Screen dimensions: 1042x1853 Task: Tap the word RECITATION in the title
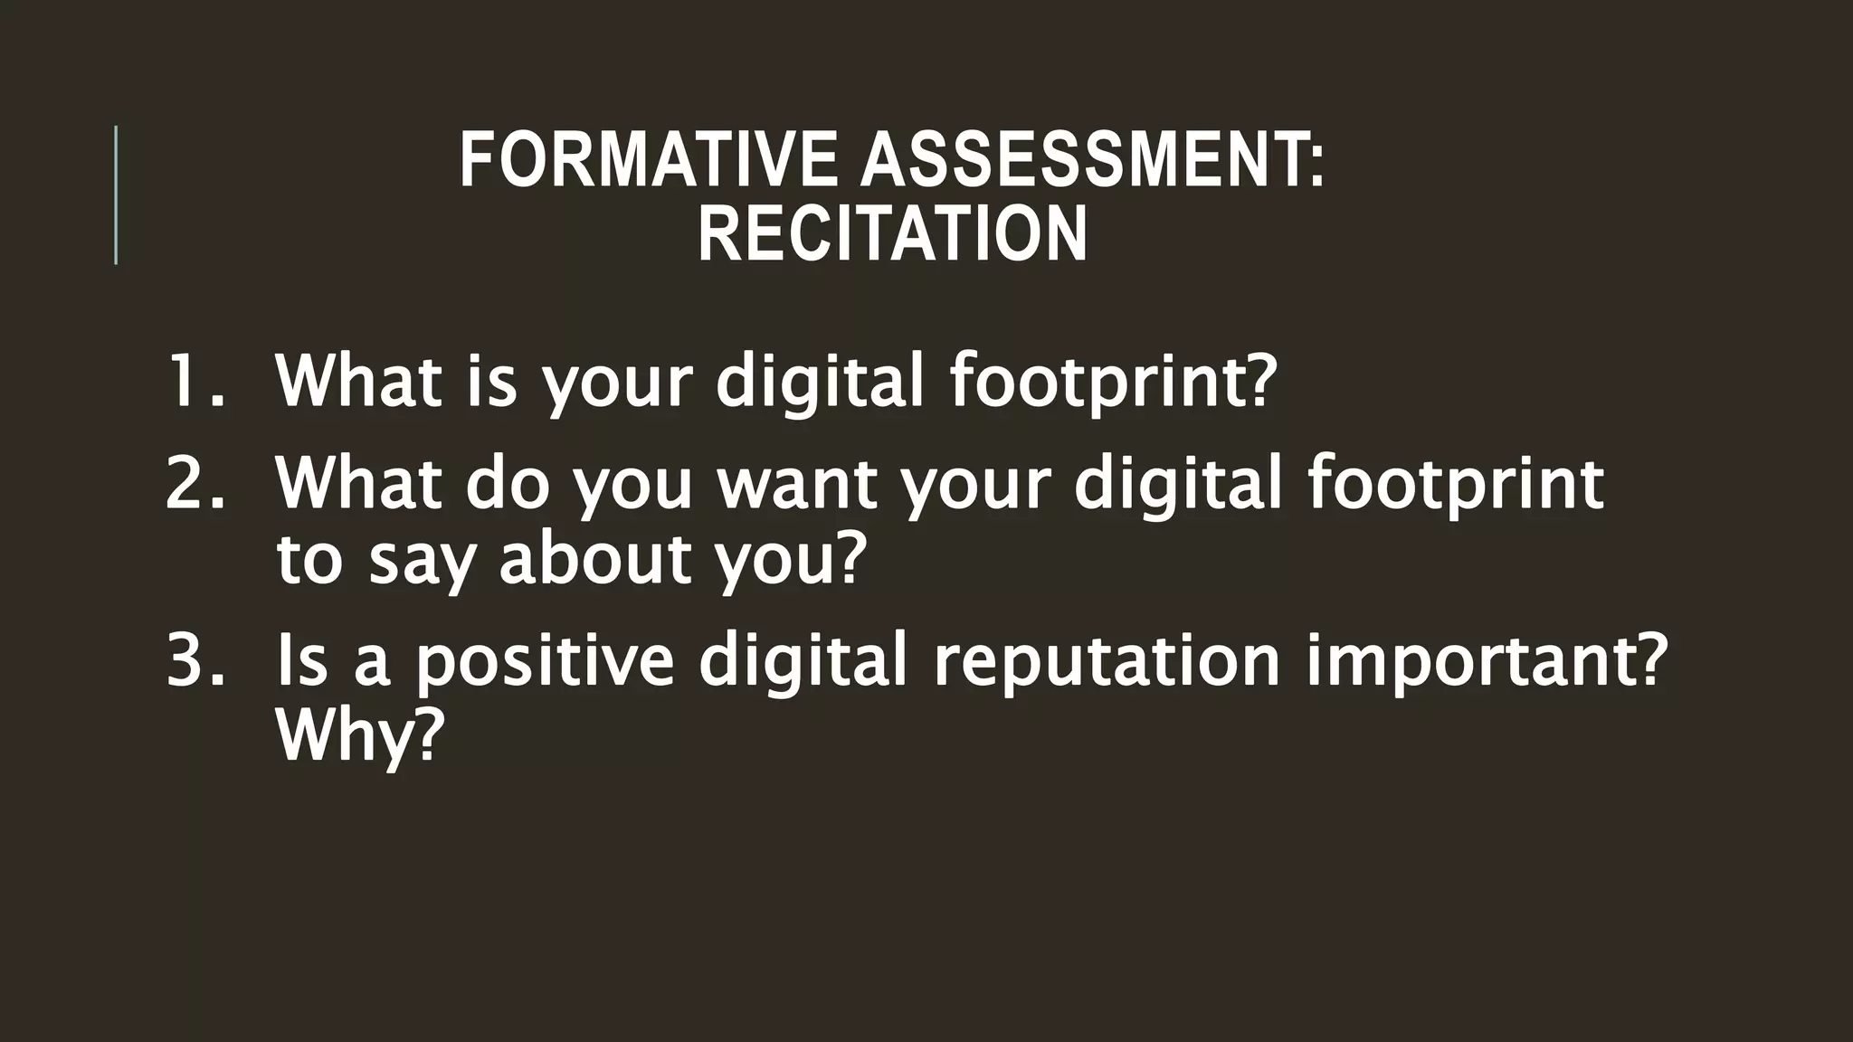892,234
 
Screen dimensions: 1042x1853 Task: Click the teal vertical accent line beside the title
116,194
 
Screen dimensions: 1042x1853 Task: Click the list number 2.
194,483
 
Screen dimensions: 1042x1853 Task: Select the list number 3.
194,660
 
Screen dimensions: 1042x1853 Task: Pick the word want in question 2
797,483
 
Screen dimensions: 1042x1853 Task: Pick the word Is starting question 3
301,660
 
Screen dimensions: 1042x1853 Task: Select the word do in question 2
508,483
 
